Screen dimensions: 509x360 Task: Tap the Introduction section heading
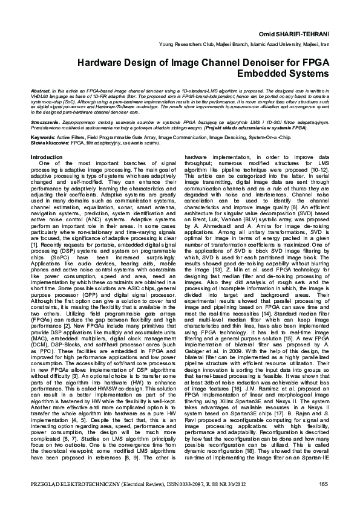click(50, 157)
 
